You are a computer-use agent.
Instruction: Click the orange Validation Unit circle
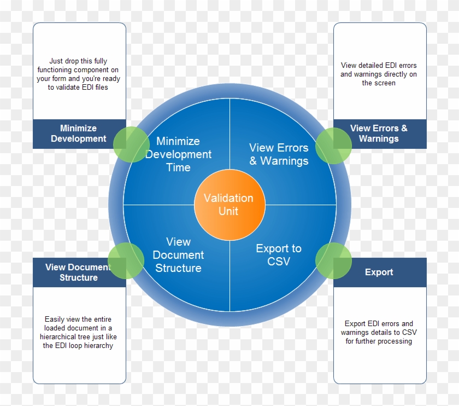coord(229,205)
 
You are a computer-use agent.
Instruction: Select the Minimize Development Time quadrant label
coord(178,154)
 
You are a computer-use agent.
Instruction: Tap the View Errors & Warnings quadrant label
coord(279,154)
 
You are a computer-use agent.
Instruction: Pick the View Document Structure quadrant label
coord(178,255)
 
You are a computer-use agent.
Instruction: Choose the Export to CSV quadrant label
coord(279,255)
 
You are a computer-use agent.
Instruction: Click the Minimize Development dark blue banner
coord(79,134)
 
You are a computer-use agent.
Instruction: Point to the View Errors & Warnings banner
coord(379,134)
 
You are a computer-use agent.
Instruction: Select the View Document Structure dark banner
coord(79,272)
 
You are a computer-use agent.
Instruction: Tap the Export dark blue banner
coord(379,272)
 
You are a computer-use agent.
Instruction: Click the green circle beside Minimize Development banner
coord(131,144)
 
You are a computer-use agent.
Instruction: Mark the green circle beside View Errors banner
coord(333,146)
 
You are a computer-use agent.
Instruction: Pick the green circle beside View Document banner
coord(126,261)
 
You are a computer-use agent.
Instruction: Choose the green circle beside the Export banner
coord(333,261)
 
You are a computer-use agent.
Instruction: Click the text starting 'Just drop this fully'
coord(78,74)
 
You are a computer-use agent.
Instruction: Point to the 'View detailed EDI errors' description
coord(379,74)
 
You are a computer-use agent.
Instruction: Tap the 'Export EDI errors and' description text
coord(379,332)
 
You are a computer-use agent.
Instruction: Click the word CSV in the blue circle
coord(279,262)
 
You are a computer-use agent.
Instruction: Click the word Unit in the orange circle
coord(228,211)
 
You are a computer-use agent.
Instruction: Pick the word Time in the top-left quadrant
coord(178,167)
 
